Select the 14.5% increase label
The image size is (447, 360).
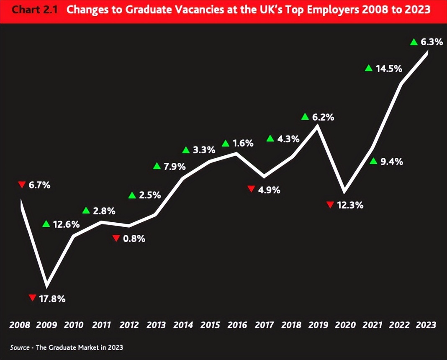389,69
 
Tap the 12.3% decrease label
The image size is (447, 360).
350,205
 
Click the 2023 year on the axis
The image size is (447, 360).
426,325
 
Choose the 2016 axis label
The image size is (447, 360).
237,325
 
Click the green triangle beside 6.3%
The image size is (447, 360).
414,41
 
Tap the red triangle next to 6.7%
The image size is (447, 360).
22,185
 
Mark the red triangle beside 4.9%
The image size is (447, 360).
251,189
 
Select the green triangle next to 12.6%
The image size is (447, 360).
46,224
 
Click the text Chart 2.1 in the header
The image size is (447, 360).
36,10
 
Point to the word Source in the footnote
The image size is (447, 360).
19,347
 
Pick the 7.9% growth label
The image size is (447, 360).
174,167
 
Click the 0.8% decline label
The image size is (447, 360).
134,239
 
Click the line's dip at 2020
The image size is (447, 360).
344,192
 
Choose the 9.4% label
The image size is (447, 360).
392,162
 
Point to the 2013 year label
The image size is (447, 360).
156,325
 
